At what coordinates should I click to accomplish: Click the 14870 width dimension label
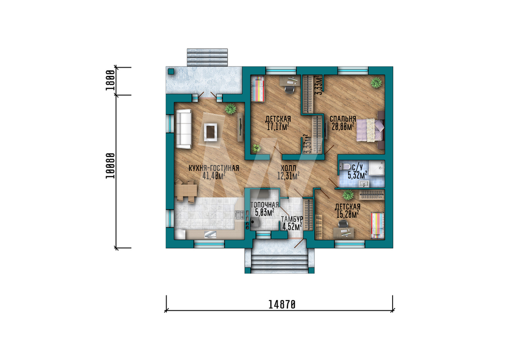coord(282,304)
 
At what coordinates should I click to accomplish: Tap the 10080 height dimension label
coord(110,166)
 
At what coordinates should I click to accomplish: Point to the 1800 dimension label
coord(110,81)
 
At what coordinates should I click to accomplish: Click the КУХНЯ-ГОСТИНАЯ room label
coord(214,168)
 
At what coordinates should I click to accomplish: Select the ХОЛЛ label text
coord(288,168)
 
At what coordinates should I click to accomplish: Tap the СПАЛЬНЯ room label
coord(343,119)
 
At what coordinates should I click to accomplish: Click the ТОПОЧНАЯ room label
coord(265,205)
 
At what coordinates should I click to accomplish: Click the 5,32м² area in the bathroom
coord(358,175)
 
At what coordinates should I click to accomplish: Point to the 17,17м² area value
coord(278,127)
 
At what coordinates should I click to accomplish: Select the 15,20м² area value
coord(347,215)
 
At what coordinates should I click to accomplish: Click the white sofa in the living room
coord(184,129)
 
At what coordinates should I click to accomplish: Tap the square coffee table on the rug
coord(210,132)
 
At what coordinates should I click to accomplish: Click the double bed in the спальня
coord(370,130)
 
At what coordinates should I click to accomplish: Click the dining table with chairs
coord(186,191)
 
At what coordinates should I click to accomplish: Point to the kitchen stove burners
coord(239,215)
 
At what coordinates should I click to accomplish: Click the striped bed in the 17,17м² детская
coord(258,89)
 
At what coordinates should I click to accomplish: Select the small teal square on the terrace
coord(171,71)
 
